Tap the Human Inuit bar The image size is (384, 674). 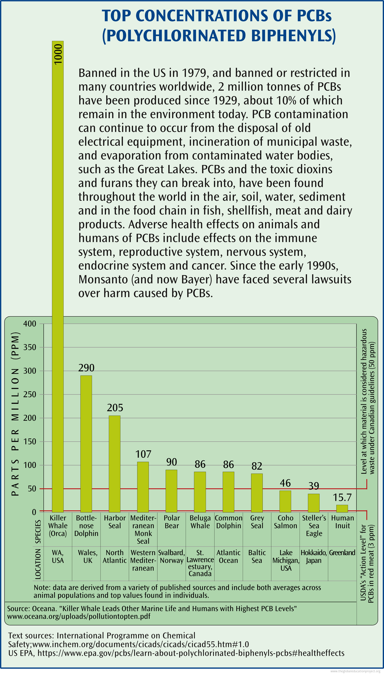pos(342,508)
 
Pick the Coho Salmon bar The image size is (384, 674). pos(285,501)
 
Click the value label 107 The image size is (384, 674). pos(143,454)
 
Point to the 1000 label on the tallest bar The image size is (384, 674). pos(58,54)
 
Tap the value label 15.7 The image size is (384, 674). pos(342,497)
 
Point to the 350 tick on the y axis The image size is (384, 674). pos(30,347)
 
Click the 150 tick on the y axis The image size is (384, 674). pos(30,441)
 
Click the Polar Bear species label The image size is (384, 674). pos(172,522)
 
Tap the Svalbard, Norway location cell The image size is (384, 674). pos(172,556)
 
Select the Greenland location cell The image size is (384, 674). pos(342,553)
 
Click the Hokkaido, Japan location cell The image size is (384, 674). pos(314,556)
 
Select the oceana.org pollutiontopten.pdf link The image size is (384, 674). pos(79,617)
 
